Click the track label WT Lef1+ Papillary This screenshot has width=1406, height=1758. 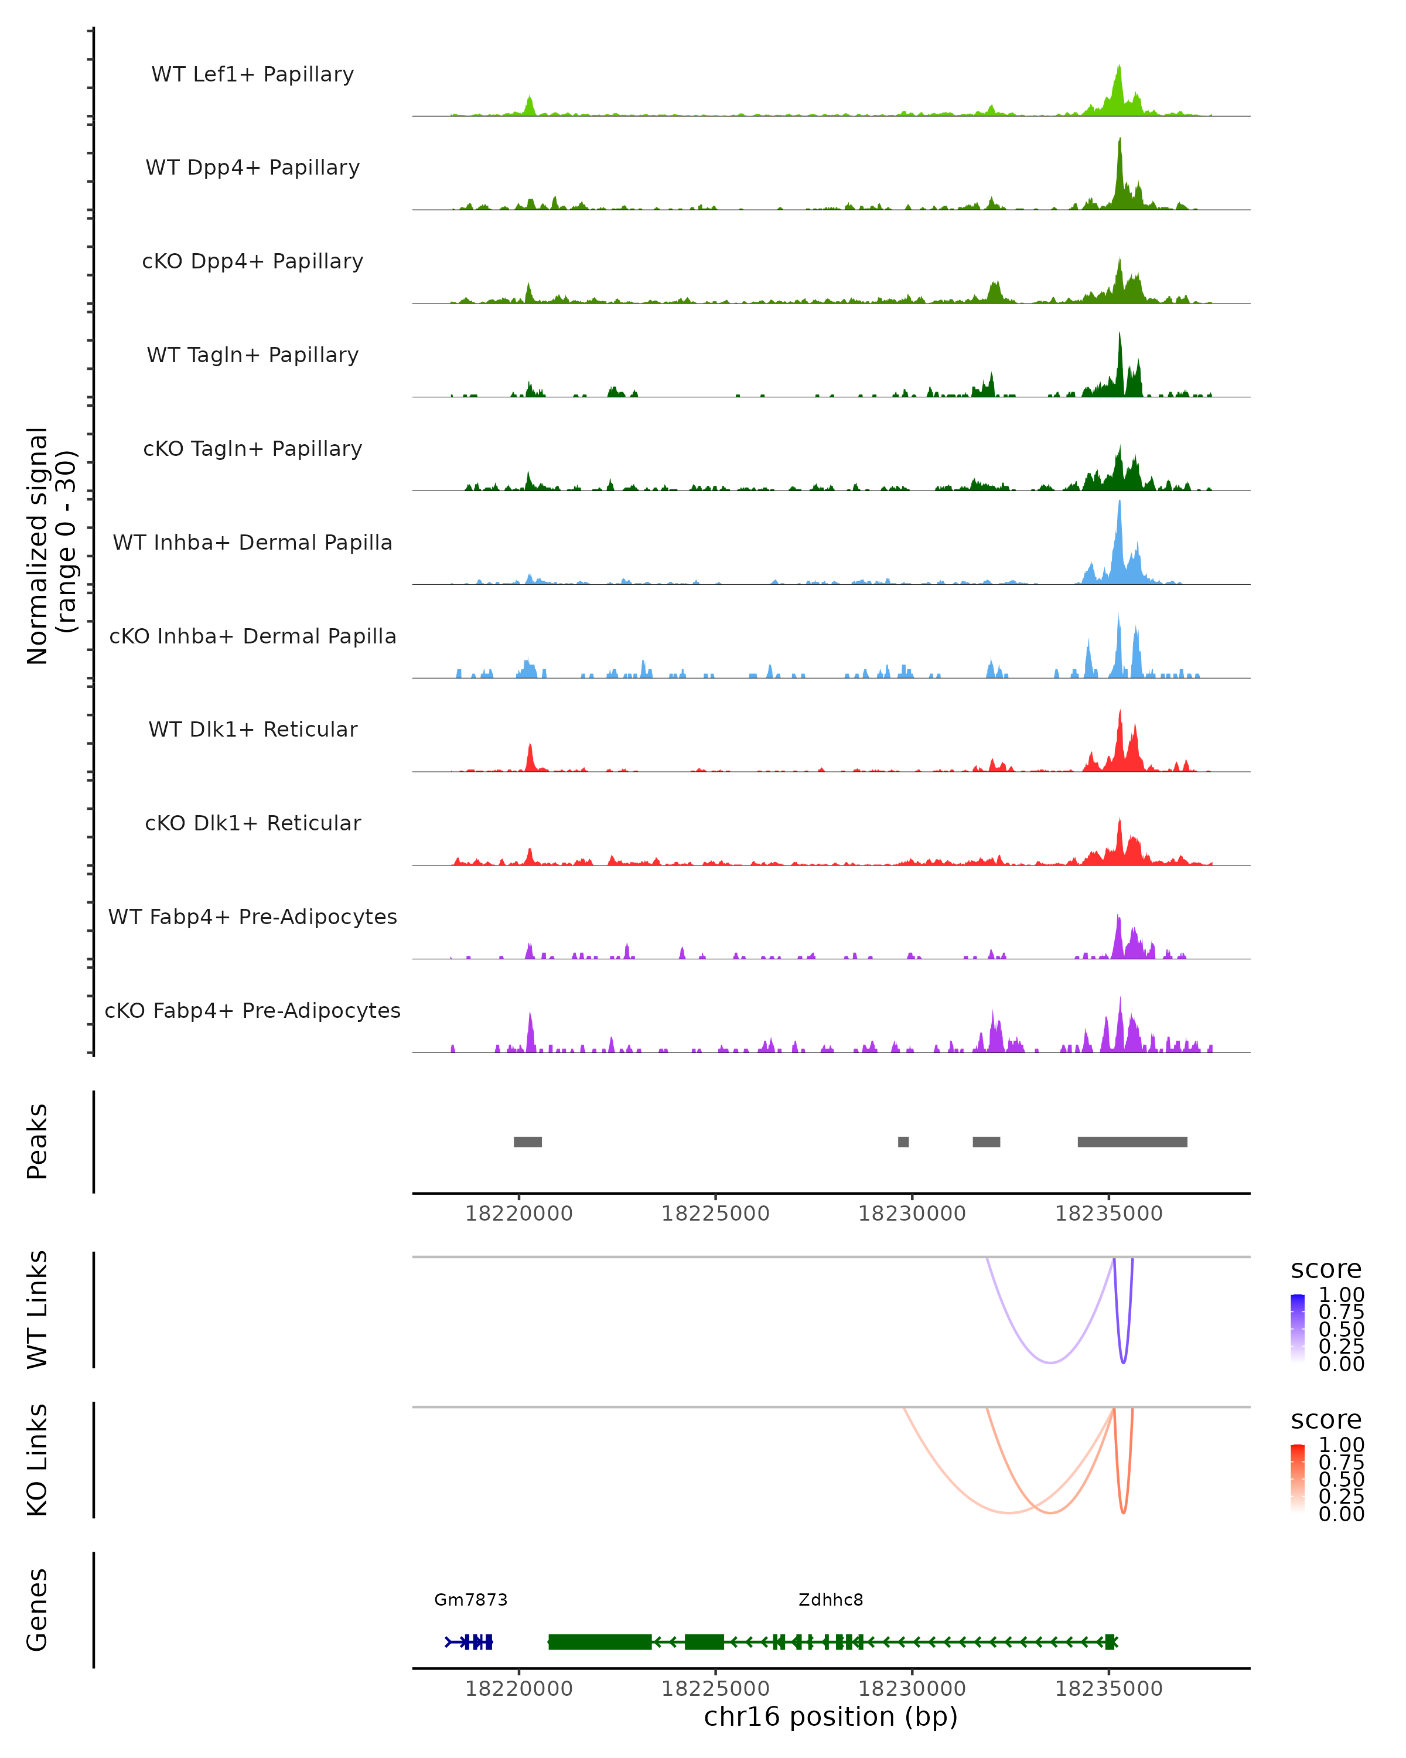[x=252, y=75]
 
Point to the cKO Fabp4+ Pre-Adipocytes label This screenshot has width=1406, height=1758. [x=252, y=1011]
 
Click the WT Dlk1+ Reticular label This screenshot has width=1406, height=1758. [x=252, y=730]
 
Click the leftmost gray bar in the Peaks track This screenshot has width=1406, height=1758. [x=527, y=1142]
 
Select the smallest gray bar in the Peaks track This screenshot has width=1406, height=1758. [x=903, y=1142]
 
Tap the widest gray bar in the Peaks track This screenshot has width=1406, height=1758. [x=1132, y=1142]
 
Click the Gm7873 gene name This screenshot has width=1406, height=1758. [x=471, y=1600]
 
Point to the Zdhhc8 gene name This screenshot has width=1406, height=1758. [x=831, y=1600]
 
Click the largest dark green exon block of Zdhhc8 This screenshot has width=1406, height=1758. [x=600, y=1642]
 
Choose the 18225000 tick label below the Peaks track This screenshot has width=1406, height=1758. [x=716, y=1214]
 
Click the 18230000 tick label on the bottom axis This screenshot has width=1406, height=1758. [x=912, y=1689]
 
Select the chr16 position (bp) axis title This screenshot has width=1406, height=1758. [x=831, y=1717]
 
